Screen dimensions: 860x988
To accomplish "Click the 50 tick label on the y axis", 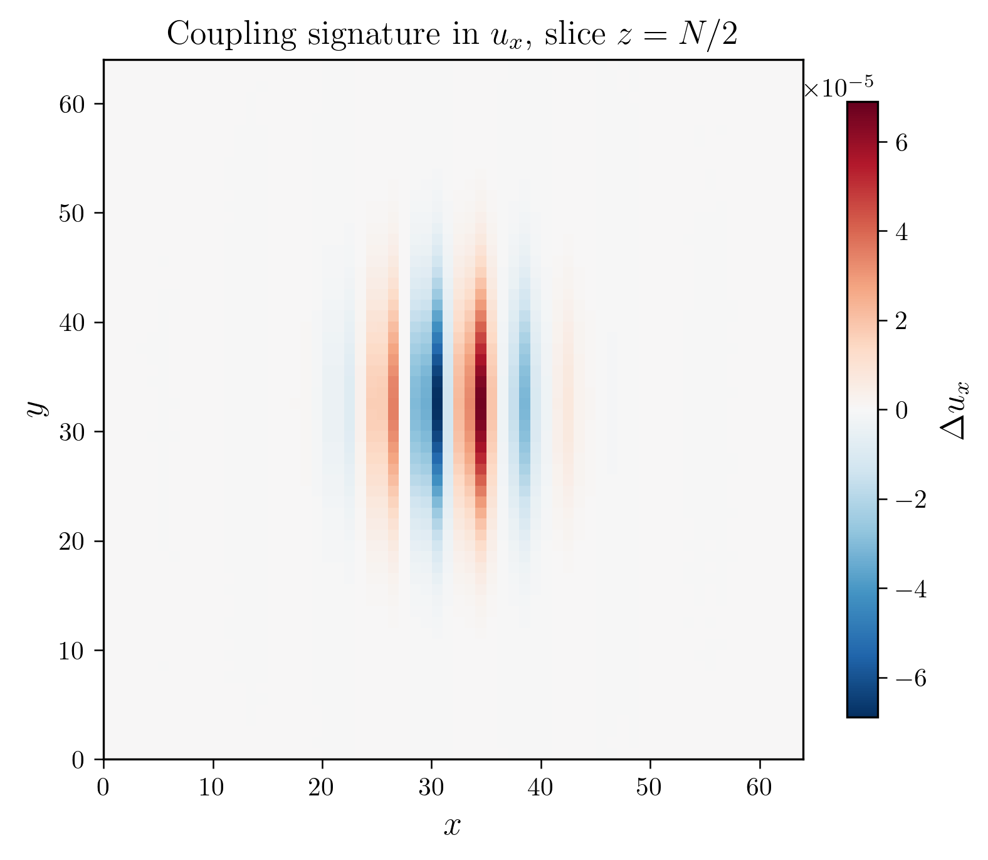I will pyautogui.click(x=71, y=213).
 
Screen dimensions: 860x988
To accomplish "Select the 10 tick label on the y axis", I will pyautogui.click(x=71, y=651).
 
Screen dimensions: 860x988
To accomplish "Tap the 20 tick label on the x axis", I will pyautogui.click(x=322, y=787).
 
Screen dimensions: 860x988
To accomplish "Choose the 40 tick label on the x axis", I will pyautogui.click(x=540, y=787).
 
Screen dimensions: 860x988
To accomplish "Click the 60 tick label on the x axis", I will pyautogui.click(x=759, y=787).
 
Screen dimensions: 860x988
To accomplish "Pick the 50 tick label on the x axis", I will pyautogui.click(x=649, y=787).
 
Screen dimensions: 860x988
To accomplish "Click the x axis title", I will pyautogui.click(x=452, y=826).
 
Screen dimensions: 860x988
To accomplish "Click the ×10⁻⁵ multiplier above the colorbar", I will pyautogui.click(x=839, y=88).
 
